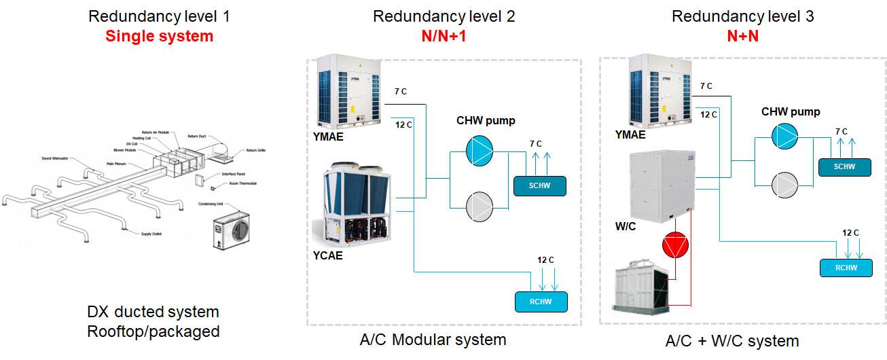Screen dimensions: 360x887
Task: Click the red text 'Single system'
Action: [x=159, y=36]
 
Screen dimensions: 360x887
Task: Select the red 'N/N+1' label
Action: [x=443, y=36]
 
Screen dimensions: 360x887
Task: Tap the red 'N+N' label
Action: [x=742, y=36]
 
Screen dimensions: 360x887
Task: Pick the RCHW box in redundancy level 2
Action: [x=541, y=300]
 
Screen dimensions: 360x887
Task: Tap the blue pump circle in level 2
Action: [x=481, y=150]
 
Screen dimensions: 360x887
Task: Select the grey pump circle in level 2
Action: [x=481, y=206]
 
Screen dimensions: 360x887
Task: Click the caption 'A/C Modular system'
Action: [x=433, y=340]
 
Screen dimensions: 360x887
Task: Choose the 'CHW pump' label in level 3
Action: [x=791, y=112]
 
